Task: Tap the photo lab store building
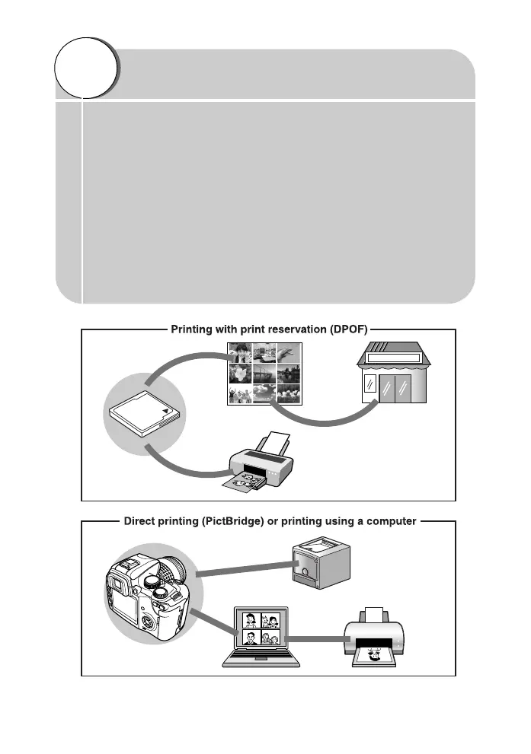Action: pos(393,372)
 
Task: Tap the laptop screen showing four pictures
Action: pos(261,628)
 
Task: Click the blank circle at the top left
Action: pos(85,68)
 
